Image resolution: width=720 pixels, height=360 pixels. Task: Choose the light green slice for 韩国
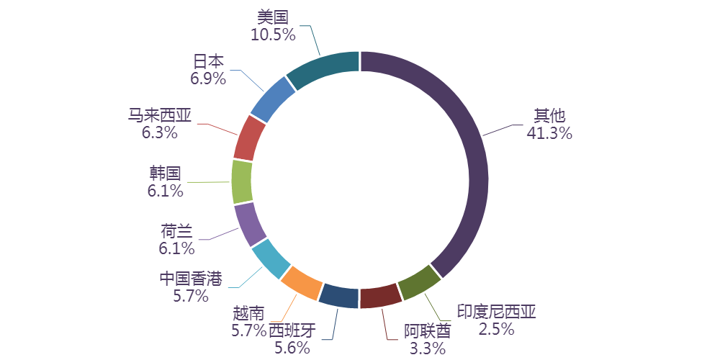pos(242,181)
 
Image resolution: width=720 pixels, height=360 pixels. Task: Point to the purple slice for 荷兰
pos(250,223)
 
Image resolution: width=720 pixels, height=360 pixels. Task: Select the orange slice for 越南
pos(300,283)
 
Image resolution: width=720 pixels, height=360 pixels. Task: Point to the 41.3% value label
pos(549,132)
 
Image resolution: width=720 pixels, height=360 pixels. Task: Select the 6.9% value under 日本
pos(208,79)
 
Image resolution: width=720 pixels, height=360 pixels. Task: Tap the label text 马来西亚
pos(160,115)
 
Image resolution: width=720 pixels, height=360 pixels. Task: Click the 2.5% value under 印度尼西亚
pos(497,329)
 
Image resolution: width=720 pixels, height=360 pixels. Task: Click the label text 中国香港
pos(191,279)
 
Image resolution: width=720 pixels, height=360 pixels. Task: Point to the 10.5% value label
pos(273,34)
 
